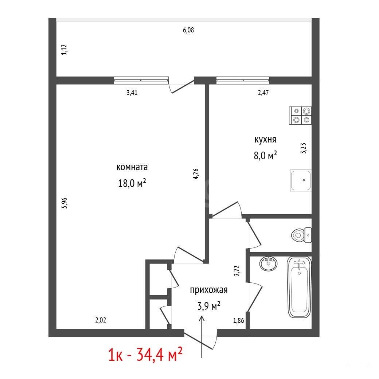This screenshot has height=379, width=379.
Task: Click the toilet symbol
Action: click(301, 235)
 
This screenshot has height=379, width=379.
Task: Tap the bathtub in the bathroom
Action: click(299, 287)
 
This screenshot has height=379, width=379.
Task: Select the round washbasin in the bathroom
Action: click(268, 263)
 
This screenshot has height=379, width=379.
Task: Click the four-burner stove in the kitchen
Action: click(300, 116)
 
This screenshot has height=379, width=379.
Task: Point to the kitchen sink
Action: click(301, 180)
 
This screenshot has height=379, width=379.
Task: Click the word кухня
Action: click(265, 140)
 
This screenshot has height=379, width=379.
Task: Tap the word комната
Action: click(132, 167)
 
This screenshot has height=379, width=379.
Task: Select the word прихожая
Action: click(208, 290)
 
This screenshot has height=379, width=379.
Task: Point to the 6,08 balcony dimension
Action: click(188, 30)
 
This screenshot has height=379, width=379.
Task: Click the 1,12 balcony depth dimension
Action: click(64, 50)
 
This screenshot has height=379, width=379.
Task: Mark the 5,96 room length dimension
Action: click(64, 203)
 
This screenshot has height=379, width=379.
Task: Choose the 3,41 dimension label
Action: click(132, 93)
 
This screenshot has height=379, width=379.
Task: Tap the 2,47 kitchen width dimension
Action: click(263, 93)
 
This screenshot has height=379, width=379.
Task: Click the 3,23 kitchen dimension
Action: click(303, 148)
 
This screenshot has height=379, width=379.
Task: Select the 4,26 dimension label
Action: click(196, 174)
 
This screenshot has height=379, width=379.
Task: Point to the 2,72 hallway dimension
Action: click(237, 271)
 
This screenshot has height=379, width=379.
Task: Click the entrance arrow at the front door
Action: click(202, 337)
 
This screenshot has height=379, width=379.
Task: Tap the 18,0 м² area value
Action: click(132, 183)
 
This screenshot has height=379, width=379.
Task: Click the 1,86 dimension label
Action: click(238, 320)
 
